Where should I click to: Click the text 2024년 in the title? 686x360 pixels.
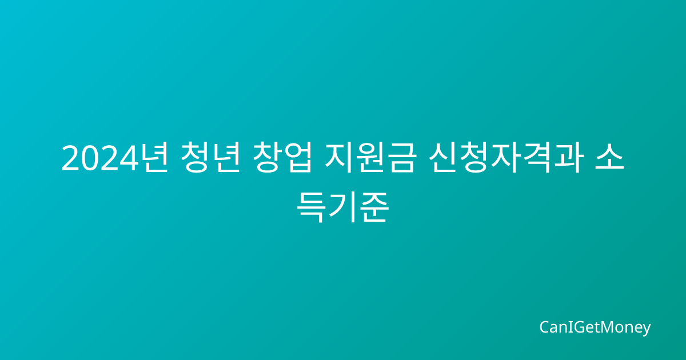coord(115,157)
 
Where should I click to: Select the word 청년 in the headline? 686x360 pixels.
coord(210,157)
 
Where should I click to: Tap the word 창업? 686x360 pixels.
coord(282,157)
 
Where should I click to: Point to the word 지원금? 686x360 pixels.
coord(370,157)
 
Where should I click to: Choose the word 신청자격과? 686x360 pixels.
coord(505,157)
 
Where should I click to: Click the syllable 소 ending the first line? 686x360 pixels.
coord(609,157)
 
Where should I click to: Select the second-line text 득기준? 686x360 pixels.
coord(343,207)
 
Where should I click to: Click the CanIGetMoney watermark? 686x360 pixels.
coord(595,328)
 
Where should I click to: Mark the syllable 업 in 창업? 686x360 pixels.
coord(298,157)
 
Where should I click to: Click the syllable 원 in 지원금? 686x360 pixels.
coord(370,157)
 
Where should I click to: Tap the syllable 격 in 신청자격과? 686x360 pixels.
coord(537,157)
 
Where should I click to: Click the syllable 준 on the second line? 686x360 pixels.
coord(374,207)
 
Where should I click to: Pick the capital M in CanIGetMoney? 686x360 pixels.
coord(600,327)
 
